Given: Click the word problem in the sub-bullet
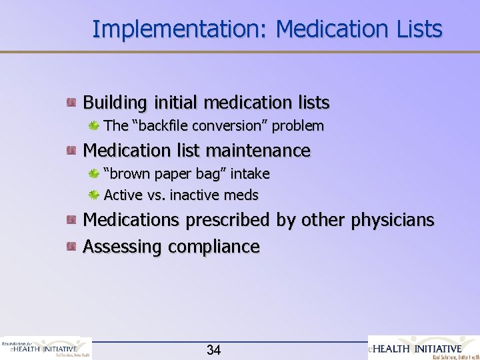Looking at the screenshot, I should pos(297,126).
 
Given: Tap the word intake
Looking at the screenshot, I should pos(249,174).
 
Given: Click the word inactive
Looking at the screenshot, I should pos(195,195).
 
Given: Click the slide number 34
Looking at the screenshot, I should pos(214,350).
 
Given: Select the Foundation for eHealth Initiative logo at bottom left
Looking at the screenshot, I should pos(45,348).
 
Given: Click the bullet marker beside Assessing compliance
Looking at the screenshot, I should pos(70,247).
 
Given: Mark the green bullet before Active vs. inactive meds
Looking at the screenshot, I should pos(95,195).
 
